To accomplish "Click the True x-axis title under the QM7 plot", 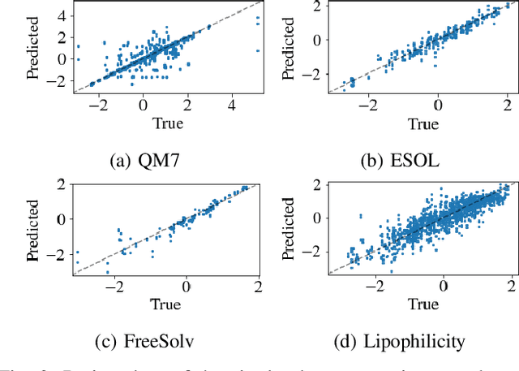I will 166,123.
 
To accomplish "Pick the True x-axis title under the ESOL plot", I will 422,123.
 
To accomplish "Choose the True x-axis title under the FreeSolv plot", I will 166,304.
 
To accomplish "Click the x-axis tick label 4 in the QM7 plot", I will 232,106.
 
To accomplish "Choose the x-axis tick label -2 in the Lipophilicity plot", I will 374,287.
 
